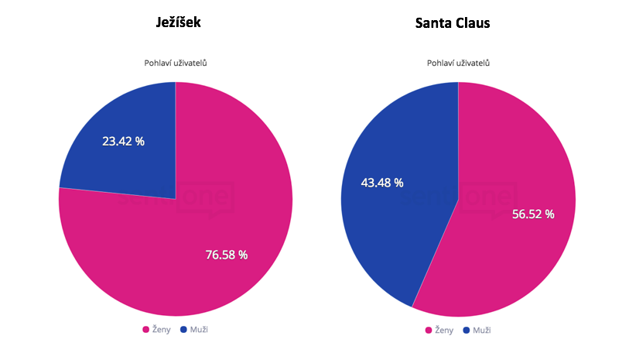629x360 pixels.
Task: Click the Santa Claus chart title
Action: tap(453, 23)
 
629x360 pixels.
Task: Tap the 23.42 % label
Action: tap(123, 142)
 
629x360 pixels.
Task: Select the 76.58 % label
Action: tap(226, 255)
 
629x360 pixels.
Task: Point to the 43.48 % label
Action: tap(382, 183)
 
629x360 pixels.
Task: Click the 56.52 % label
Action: tap(533, 214)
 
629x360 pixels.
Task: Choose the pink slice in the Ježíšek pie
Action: tap(193, 248)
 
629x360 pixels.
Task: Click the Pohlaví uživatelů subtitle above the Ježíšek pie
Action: tap(175, 63)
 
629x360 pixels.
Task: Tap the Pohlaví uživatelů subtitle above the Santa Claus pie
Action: tap(458, 63)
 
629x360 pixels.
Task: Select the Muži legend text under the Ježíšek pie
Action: tap(199, 330)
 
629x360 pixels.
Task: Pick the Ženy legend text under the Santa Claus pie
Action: tap(445, 331)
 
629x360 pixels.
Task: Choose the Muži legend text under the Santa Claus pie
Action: tap(482, 331)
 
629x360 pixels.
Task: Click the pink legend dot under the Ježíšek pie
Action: tap(145, 330)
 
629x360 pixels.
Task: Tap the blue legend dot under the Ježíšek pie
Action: tap(183, 330)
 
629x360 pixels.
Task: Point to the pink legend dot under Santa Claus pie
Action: tap(429, 331)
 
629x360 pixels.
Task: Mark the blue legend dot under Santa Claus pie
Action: tap(467, 331)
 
